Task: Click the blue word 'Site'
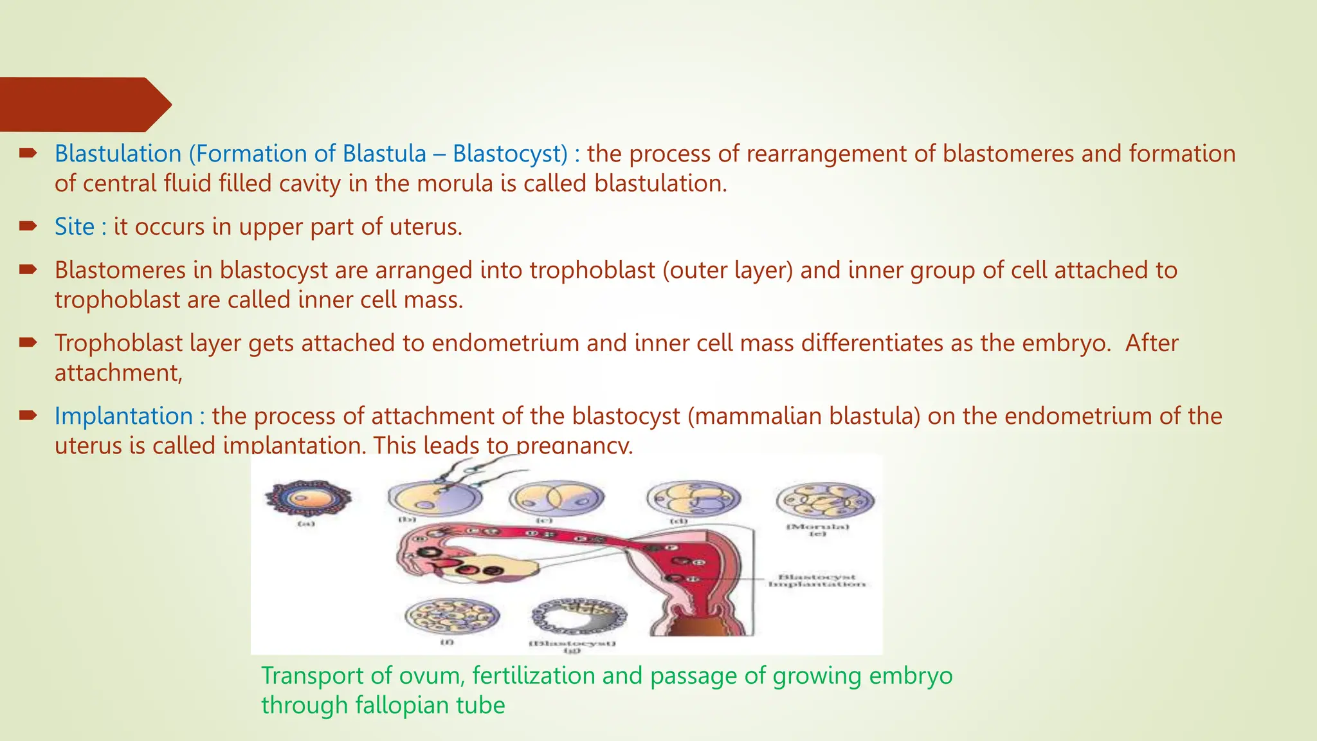pyautogui.click(x=74, y=227)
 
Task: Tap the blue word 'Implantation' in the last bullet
pyautogui.click(x=123, y=416)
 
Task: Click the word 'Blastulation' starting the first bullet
pyautogui.click(x=118, y=154)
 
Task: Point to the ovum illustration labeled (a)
pyautogui.click(x=308, y=499)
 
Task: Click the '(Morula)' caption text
pyautogui.click(x=818, y=527)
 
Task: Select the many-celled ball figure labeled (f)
pyautogui.click(x=451, y=616)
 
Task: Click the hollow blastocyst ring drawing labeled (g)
pyautogui.click(x=578, y=616)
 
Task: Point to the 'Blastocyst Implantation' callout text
pyautogui.click(x=817, y=581)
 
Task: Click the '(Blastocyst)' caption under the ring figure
pyautogui.click(x=572, y=643)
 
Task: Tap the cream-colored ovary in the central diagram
pyautogui.click(x=508, y=569)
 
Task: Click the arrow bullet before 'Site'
pyautogui.click(x=28, y=226)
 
